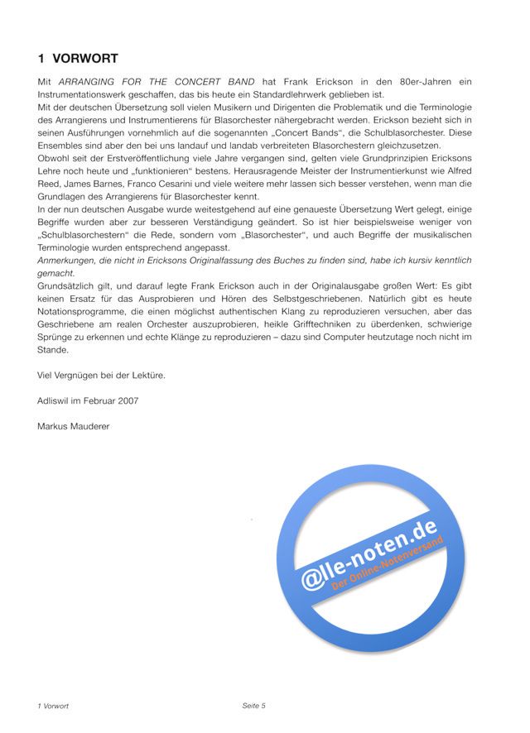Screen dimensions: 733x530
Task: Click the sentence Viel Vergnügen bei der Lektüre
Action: point(101,375)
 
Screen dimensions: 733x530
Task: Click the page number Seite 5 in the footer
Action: point(253,706)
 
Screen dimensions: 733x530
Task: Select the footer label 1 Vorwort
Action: point(53,706)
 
